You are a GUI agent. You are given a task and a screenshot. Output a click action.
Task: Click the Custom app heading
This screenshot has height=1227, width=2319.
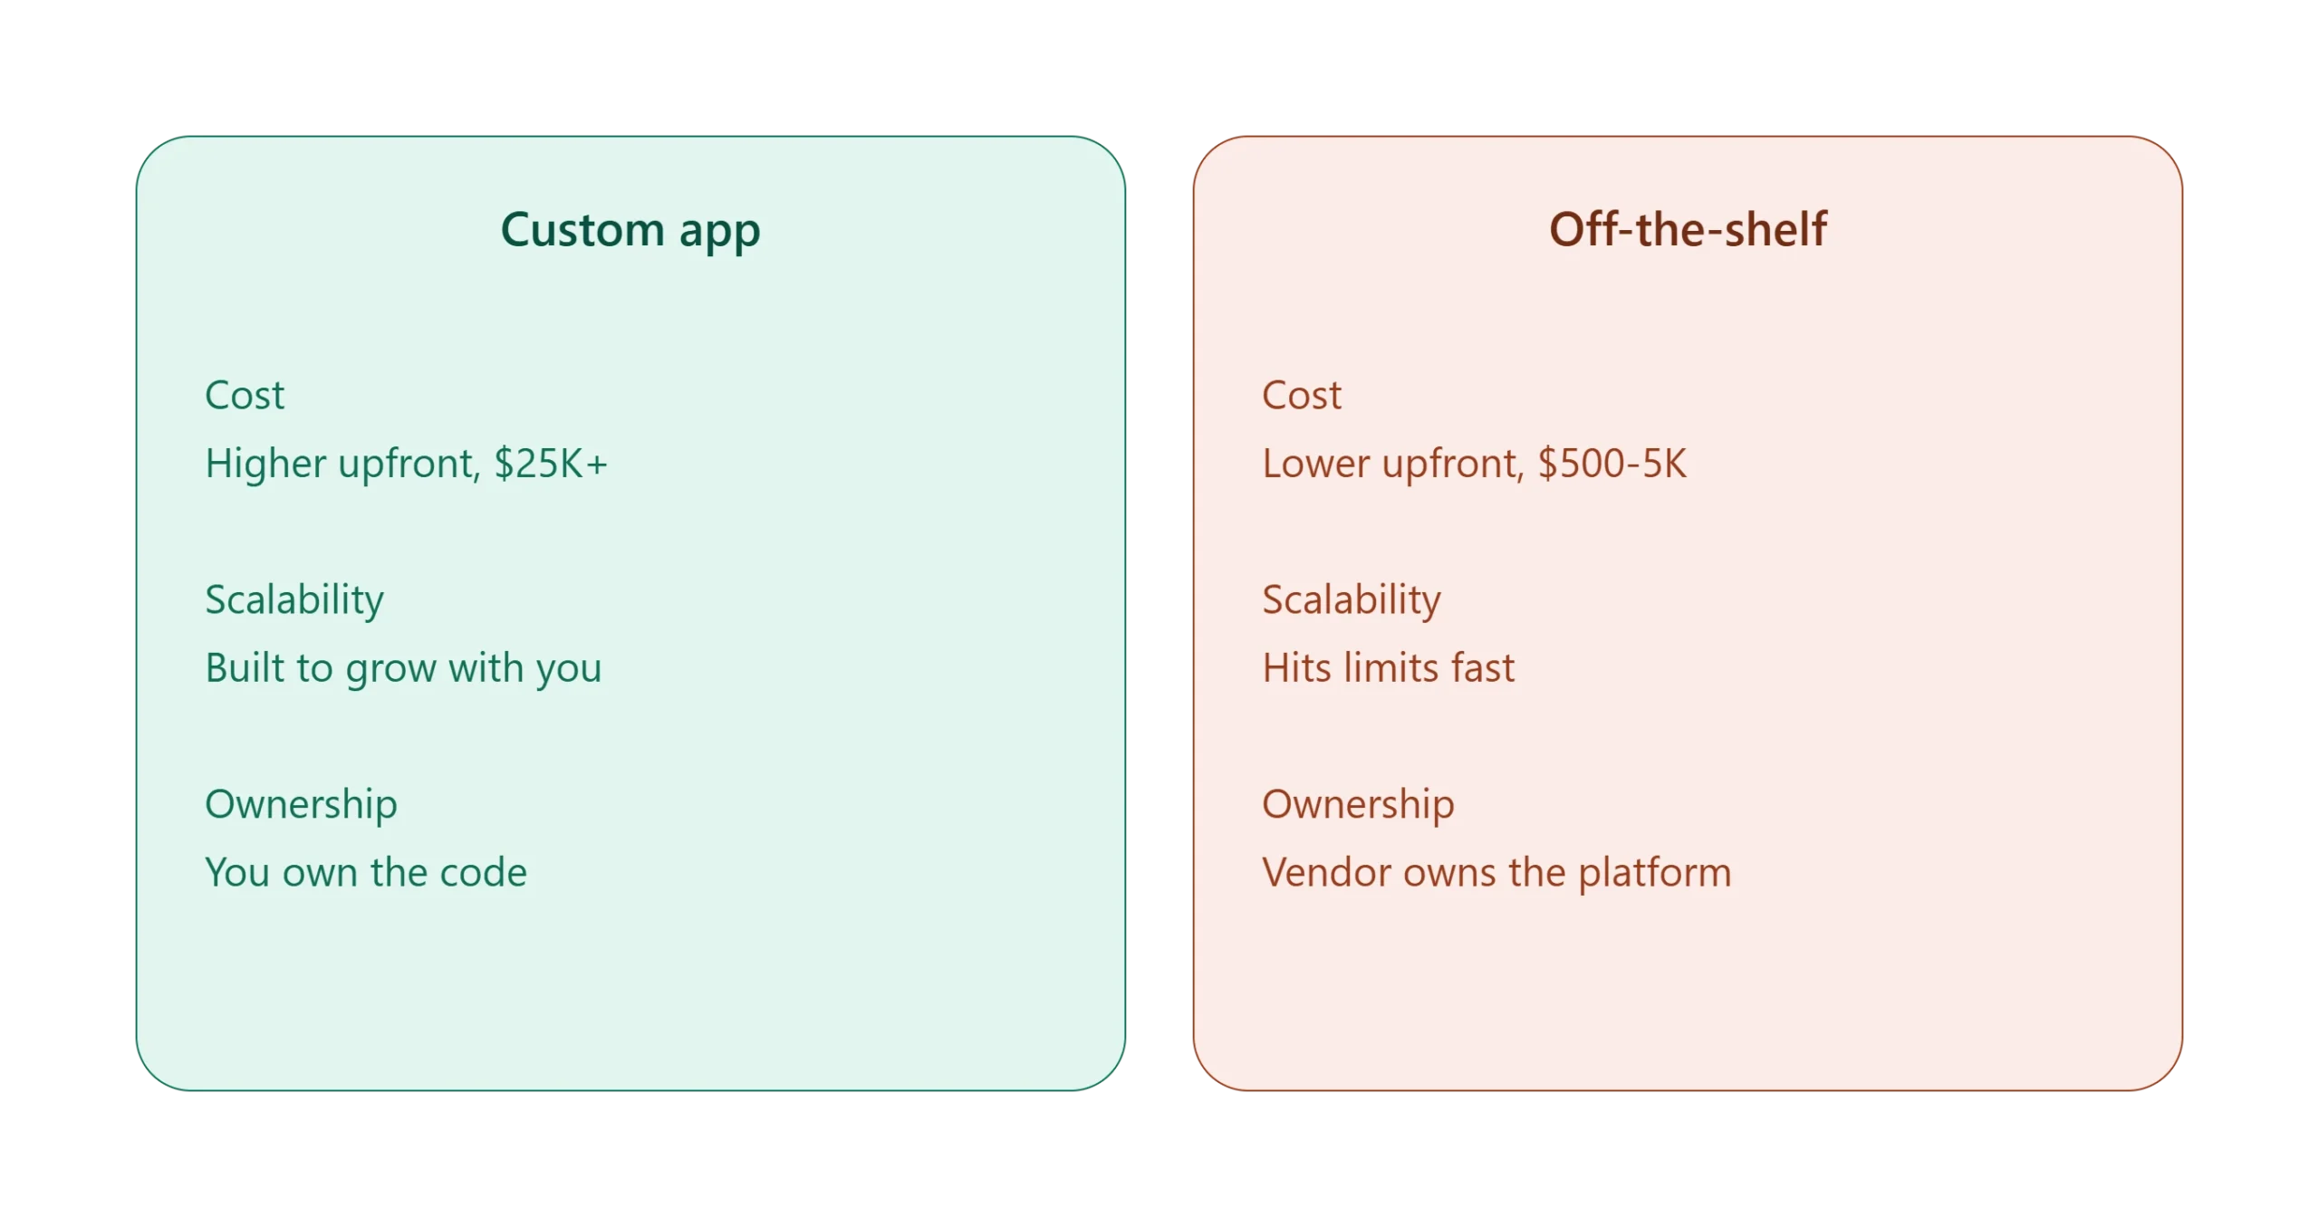point(630,229)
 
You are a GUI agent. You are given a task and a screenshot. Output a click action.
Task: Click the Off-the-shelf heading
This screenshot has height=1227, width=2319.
point(1687,228)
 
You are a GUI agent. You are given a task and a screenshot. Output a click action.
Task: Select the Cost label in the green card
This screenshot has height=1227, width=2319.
point(245,395)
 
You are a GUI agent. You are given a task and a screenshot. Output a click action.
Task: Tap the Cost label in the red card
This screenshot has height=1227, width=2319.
point(1302,395)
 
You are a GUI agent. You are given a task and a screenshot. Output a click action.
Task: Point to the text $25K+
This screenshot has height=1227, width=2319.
point(551,463)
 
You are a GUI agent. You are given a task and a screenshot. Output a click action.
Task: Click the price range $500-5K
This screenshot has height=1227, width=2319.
point(1612,463)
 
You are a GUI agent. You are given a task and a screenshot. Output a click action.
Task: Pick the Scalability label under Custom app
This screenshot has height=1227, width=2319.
point(294,600)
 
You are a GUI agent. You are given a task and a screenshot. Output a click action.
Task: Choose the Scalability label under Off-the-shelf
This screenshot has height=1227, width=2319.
point(1352,600)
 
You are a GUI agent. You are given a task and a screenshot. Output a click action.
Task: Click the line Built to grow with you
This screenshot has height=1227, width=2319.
point(403,668)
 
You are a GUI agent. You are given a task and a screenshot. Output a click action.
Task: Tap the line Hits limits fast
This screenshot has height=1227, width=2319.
point(1388,667)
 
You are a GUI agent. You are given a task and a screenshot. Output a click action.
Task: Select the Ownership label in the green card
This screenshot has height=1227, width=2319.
point(301,805)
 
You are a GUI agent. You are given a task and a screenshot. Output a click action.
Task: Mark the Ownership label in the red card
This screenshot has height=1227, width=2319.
point(1358,805)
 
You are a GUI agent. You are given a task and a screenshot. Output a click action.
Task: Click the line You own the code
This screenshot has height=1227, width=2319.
point(366,872)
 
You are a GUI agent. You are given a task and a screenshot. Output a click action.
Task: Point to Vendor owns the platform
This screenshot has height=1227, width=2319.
point(1496,873)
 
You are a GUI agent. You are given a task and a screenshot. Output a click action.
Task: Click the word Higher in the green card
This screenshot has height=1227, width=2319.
point(265,464)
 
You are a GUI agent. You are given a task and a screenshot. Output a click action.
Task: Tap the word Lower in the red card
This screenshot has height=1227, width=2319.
point(1316,464)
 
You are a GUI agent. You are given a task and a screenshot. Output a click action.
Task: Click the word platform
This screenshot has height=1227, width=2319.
point(1654,873)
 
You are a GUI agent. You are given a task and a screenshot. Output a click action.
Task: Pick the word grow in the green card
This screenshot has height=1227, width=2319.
point(391,671)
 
